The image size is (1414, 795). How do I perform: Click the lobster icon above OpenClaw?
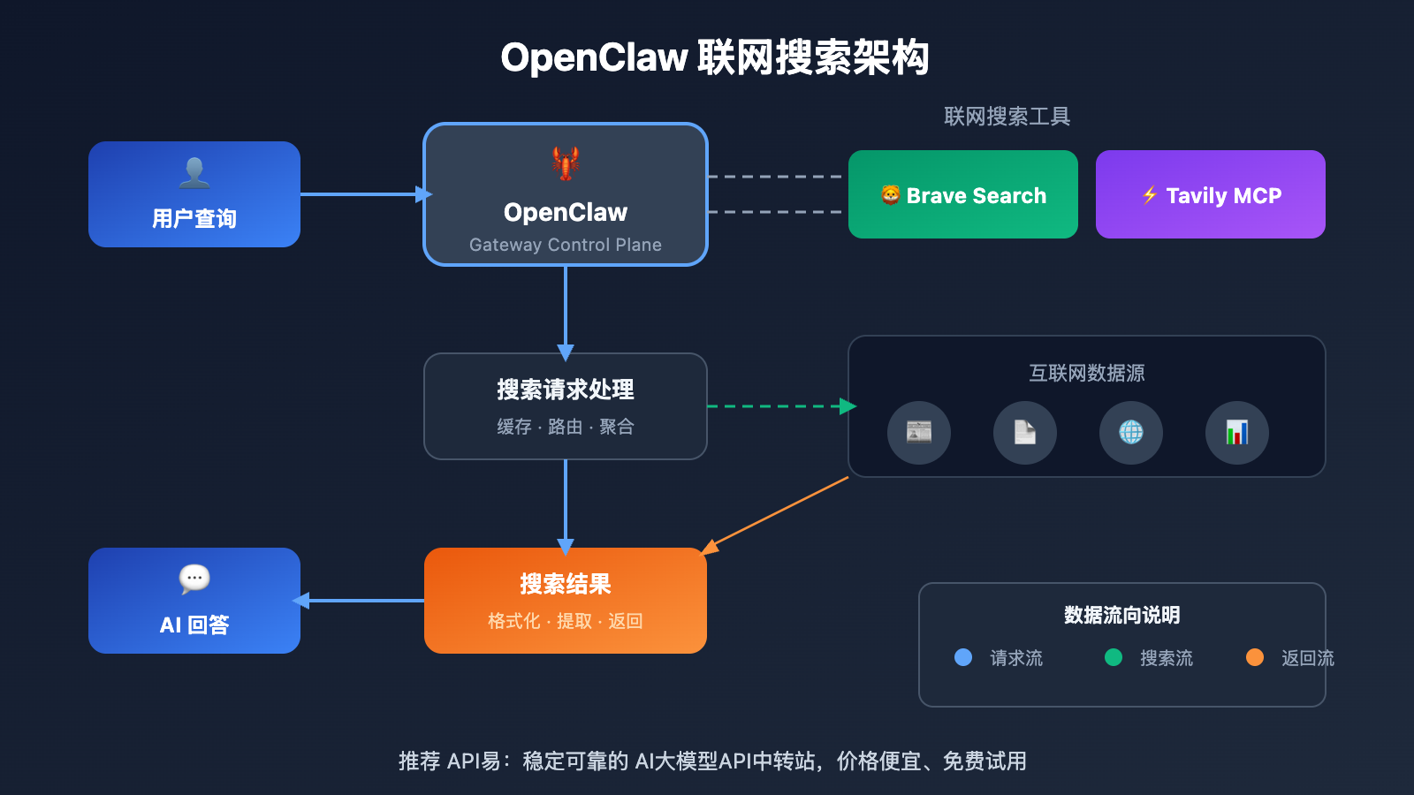click(x=566, y=163)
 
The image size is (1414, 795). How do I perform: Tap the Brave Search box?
click(x=962, y=194)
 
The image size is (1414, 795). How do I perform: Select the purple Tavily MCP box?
click(x=1210, y=194)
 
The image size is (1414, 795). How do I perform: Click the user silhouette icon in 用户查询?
click(x=194, y=172)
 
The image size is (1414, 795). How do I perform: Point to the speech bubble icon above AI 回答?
click(x=194, y=579)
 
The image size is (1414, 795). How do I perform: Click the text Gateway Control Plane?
click(x=566, y=245)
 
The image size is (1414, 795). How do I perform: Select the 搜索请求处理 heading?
click(x=566, y=390)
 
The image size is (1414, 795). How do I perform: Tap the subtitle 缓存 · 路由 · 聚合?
click(x=566, y=427)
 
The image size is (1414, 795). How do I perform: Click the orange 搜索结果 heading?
click(x=566, y=584)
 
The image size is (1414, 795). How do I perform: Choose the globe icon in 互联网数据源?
click(x=1131, y=432)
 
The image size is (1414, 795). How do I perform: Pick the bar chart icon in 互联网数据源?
click(x=1237, y=432)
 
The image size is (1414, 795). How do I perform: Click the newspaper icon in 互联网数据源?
click(x=919, y=432)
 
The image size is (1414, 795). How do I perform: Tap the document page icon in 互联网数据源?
click(x=1025, y=432)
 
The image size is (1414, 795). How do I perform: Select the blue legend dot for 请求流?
click(x=963, y=657)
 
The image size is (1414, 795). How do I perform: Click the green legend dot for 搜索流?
click(x=1114, y=657)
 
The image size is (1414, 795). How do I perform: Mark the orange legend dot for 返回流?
click(x=1255, y=657)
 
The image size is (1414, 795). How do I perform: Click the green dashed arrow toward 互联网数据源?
click(x=778, y=406)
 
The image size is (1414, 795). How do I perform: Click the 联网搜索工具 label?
click(x=1007, y=117)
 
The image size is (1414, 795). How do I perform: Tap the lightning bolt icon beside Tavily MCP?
click(x=1150, y=195)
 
